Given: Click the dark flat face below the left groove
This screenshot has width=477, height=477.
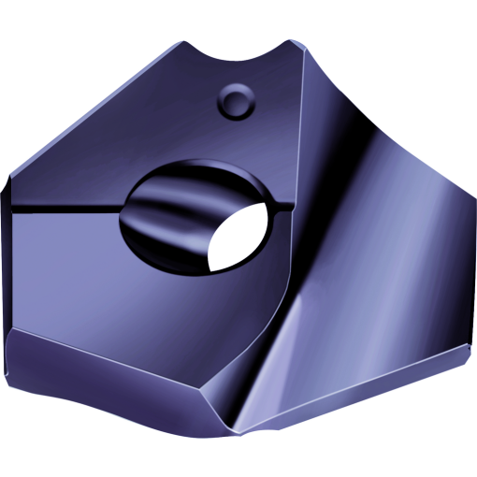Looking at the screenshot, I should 84,271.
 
